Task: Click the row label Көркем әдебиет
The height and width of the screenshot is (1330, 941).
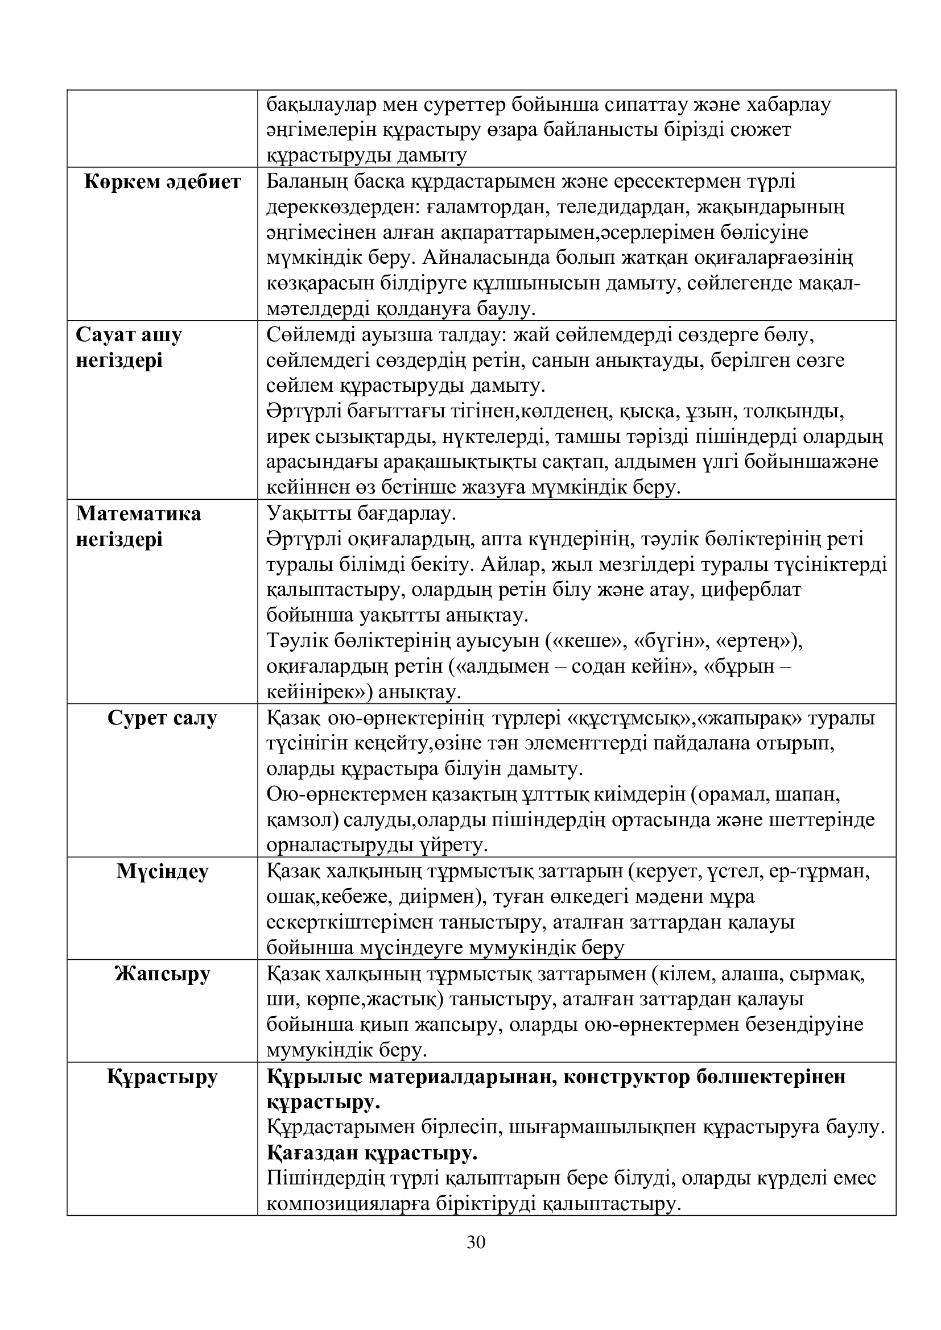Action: tap(162, 182)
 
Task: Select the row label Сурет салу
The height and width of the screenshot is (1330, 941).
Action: tap(162, 718)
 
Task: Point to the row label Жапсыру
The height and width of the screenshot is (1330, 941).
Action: tap(162, 973)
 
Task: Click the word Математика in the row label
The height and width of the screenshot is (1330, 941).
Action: tap(139, 514)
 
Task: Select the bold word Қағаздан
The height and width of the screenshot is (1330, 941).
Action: tap(313, 1153)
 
